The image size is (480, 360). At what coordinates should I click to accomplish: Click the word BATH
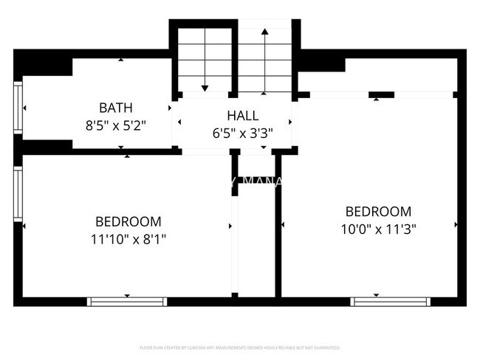click(116, 108)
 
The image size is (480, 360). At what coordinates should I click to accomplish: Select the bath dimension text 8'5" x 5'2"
click(116, 125)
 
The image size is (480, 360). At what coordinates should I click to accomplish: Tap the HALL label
click(242, 116)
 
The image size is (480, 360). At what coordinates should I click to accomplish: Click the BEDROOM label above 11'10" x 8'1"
click(128, 221)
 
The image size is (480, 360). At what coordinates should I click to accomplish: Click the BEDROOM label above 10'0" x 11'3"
click(377, 212)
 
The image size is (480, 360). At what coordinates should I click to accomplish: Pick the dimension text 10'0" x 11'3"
click(377, 229)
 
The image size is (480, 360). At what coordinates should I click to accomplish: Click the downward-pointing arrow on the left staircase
click(205, 87)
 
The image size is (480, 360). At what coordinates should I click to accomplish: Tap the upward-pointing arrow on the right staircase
click(264, 33)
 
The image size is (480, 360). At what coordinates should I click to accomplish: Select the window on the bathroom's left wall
click(18, 108)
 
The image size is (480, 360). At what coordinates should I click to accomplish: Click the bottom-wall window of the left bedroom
click(127, 301)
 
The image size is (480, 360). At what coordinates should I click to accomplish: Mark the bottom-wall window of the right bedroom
click(389, 301)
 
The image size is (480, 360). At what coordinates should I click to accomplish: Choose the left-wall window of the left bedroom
click(18, 193)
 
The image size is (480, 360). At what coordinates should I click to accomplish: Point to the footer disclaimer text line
click(240, 347)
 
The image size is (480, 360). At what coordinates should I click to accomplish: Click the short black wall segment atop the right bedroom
click(381, 94)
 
